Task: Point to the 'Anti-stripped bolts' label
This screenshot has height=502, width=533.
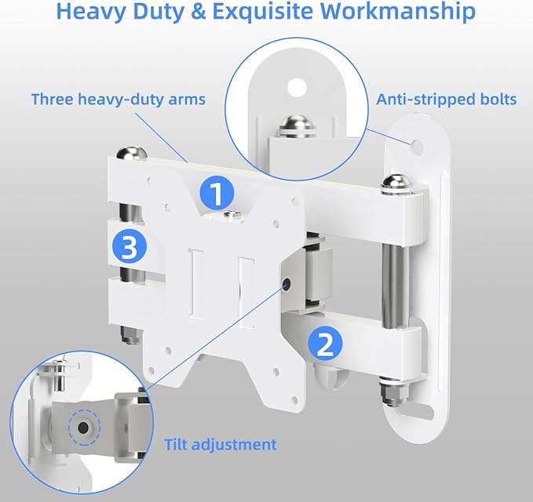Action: [446, 100]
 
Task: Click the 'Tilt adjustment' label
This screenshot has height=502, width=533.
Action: [221, 444]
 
